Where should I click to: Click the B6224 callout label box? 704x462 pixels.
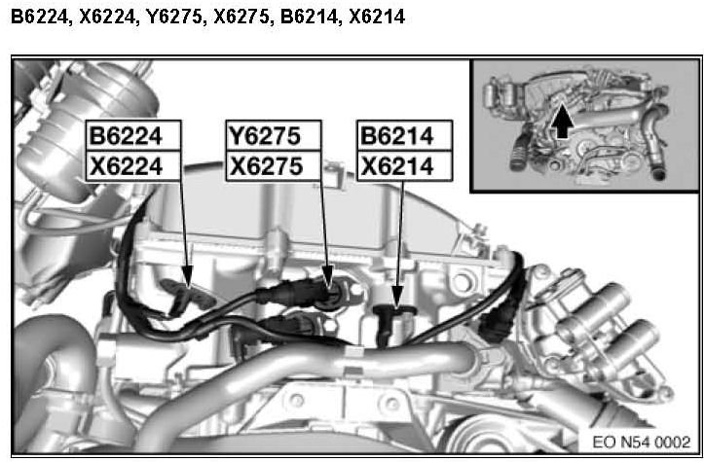pos(133,135)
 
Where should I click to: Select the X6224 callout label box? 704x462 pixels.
pos(133,166)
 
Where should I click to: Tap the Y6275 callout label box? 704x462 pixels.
pos(274,135)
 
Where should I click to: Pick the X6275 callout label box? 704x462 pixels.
pos(274,166)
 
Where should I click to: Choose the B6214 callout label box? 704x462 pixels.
pos(404,135)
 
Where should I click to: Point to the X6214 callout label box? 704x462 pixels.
pos(404,166)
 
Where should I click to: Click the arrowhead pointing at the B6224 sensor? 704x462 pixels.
pos(188,276)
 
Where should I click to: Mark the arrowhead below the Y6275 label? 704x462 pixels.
pos(328,276)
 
